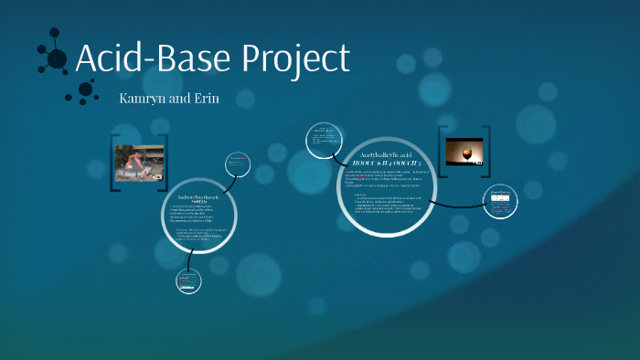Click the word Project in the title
[x=295, y=58]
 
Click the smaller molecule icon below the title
[x=83, y=90]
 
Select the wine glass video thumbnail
[x=464, y=151]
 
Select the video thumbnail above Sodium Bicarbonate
[x=139, y=163]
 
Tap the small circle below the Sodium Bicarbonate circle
[x=187, y=282]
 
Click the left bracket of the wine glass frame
[x=442, y=149]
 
